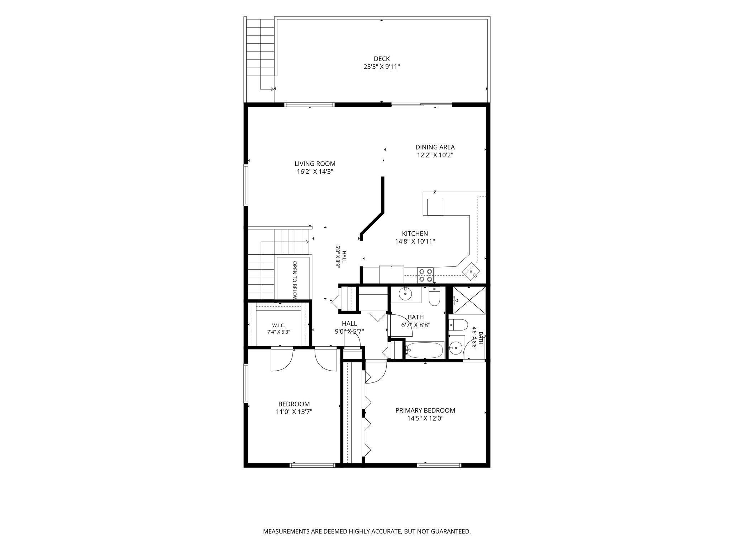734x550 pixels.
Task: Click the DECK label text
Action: click(x=381, y=59)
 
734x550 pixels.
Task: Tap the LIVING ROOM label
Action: click(x=315, y=164)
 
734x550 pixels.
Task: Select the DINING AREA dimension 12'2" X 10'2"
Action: click(x=435, y=155)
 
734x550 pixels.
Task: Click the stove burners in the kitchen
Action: click(x=425, y=275)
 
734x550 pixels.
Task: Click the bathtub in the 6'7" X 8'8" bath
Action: click(x=424, y=349)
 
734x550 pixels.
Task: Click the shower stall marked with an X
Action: click(x=469, y=300)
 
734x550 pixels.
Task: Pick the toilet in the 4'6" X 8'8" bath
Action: click(x=458, y=324)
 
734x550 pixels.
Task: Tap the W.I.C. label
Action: click(x=278, y=325)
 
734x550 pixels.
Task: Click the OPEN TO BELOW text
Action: click(x=295, y=280)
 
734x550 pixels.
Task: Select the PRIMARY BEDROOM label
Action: click(x=425, y=410)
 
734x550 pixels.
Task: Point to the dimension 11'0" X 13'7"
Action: click(x=294, y=412)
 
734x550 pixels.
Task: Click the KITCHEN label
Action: click(x=415, y=233)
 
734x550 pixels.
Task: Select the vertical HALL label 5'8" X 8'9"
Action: click(x=341, y=256)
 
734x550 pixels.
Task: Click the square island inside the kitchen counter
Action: click(x=435, y=207)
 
